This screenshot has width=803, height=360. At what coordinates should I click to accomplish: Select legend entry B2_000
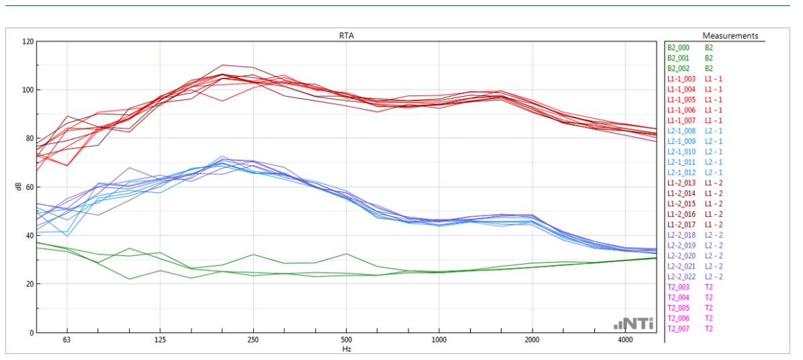point(679,48)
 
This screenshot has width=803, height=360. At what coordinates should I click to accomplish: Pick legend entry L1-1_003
point(681,79)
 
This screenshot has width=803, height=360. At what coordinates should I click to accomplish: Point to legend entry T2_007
point(679,328)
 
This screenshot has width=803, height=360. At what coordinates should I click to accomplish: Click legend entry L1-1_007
point(681,121)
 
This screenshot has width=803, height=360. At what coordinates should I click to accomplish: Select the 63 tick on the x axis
point(67,341)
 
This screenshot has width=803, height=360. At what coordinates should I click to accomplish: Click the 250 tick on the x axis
point(253,341)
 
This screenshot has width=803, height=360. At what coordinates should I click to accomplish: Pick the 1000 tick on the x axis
point(439,341)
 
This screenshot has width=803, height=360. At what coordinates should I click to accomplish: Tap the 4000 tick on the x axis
point(625,341)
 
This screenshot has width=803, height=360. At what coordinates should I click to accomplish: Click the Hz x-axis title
point(345,349)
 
